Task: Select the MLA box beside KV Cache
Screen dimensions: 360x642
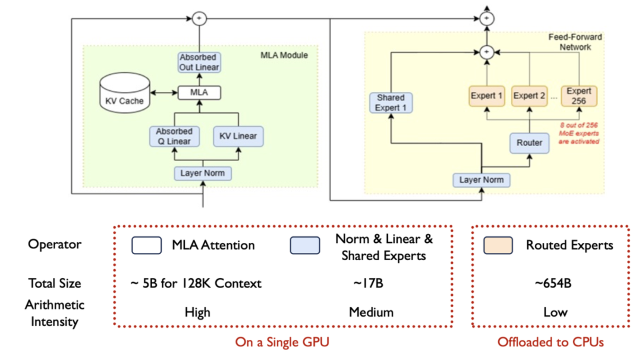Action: coord(199,93)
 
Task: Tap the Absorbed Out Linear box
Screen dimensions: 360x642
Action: coord(199,62)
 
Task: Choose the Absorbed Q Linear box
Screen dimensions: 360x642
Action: coord(174,136)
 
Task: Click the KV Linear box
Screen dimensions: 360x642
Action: coord(238,136)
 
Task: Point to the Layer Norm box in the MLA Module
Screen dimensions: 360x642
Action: coord(203,173)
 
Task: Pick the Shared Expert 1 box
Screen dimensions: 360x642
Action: coord(391,102)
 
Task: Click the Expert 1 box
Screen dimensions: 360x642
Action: coord(486,96)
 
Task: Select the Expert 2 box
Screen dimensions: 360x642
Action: coord(529,96)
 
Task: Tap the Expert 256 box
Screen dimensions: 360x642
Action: coord(578,96)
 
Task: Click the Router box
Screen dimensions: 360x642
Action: coord(529,143)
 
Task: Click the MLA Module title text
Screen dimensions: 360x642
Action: coord(284,55)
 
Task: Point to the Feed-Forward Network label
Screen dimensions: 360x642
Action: coord(575,42)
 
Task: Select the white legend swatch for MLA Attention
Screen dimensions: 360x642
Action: coord(146,245)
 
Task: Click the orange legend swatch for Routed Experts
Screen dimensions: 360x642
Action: coord(499,245)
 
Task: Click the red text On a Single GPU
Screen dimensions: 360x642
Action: coord(282,342)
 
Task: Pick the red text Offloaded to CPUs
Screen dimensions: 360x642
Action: coord(550,342)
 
